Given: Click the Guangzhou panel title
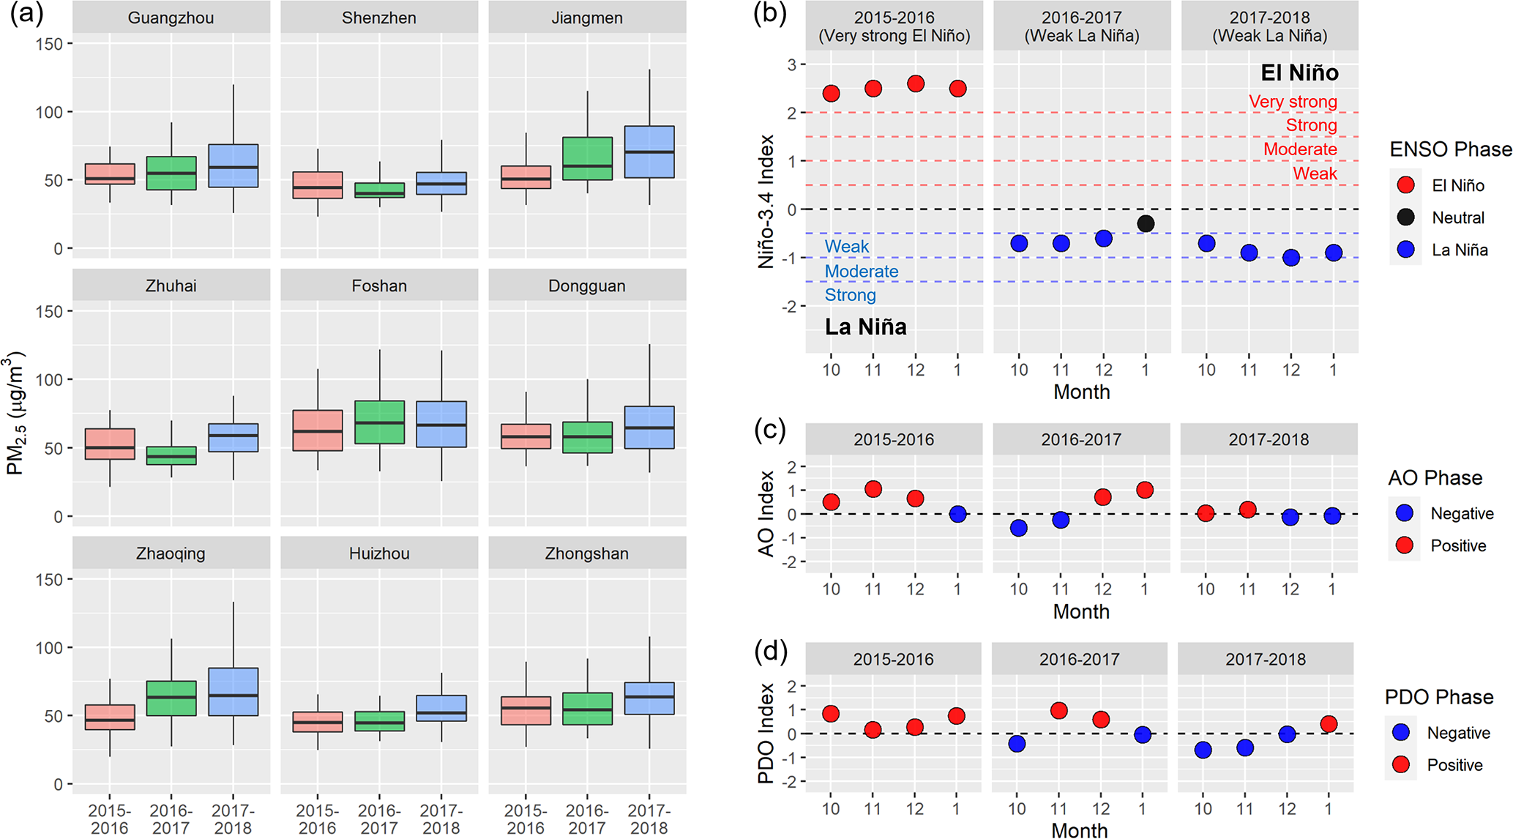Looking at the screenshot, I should (171, 18).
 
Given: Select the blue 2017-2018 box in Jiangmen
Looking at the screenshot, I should (649, 152).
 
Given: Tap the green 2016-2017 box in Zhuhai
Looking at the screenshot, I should (171, 455).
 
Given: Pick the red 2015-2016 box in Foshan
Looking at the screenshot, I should (318, 430).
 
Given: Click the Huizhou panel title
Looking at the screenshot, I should (379, 553).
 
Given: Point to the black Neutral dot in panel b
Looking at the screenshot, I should (1146, 223).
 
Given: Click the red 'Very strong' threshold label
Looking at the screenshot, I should (1293, 102).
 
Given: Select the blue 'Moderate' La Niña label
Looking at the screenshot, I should (861, 272).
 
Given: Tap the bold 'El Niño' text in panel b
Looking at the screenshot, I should (1299, 72).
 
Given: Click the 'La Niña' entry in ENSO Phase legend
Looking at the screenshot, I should (1460, 250).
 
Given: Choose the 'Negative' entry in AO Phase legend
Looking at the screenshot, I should (1462, 513).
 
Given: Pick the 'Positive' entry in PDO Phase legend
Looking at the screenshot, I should (1454, 765).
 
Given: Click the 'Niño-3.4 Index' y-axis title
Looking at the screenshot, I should (766, 201).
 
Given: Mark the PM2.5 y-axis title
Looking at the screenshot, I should (16, 414).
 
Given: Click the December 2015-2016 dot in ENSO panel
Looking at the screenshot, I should (915, 84).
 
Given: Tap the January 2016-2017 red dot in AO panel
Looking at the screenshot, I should (1145, 490).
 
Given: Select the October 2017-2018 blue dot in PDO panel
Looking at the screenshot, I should (1203, 750).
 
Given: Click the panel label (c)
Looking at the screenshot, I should (770, 430).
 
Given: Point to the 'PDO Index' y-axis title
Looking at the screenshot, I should (766, 733).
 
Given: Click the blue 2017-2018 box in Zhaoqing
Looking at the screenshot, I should (233, 691).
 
